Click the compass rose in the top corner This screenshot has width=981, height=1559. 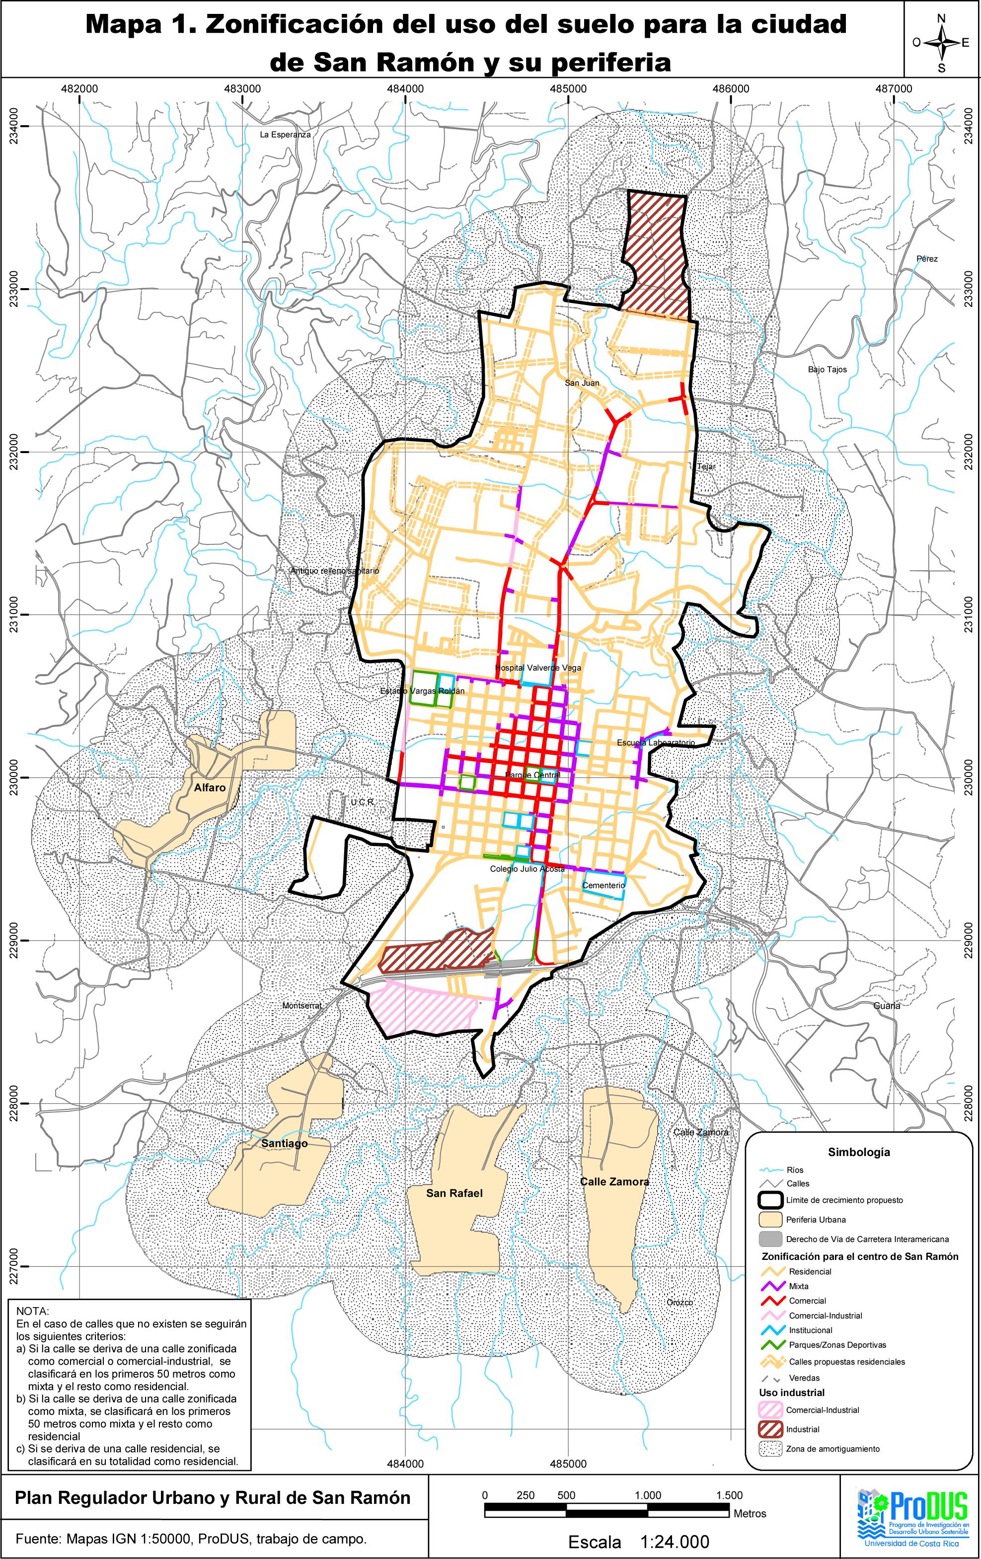942,43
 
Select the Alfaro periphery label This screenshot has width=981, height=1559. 210,788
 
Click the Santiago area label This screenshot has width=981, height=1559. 284,1143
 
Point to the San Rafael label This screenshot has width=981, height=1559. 454,1193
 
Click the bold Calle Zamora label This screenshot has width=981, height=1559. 614,1181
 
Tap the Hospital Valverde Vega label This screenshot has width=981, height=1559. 538,668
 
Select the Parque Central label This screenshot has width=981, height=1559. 532,775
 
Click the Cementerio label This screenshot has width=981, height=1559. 603,885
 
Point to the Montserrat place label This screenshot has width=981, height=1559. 302,1006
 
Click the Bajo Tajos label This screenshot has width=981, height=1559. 827,370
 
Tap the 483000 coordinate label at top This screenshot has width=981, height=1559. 242,89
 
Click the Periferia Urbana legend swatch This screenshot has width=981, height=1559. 770,1220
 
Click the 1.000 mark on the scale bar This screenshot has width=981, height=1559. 647,1495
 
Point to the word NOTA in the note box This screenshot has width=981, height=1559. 32,1311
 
